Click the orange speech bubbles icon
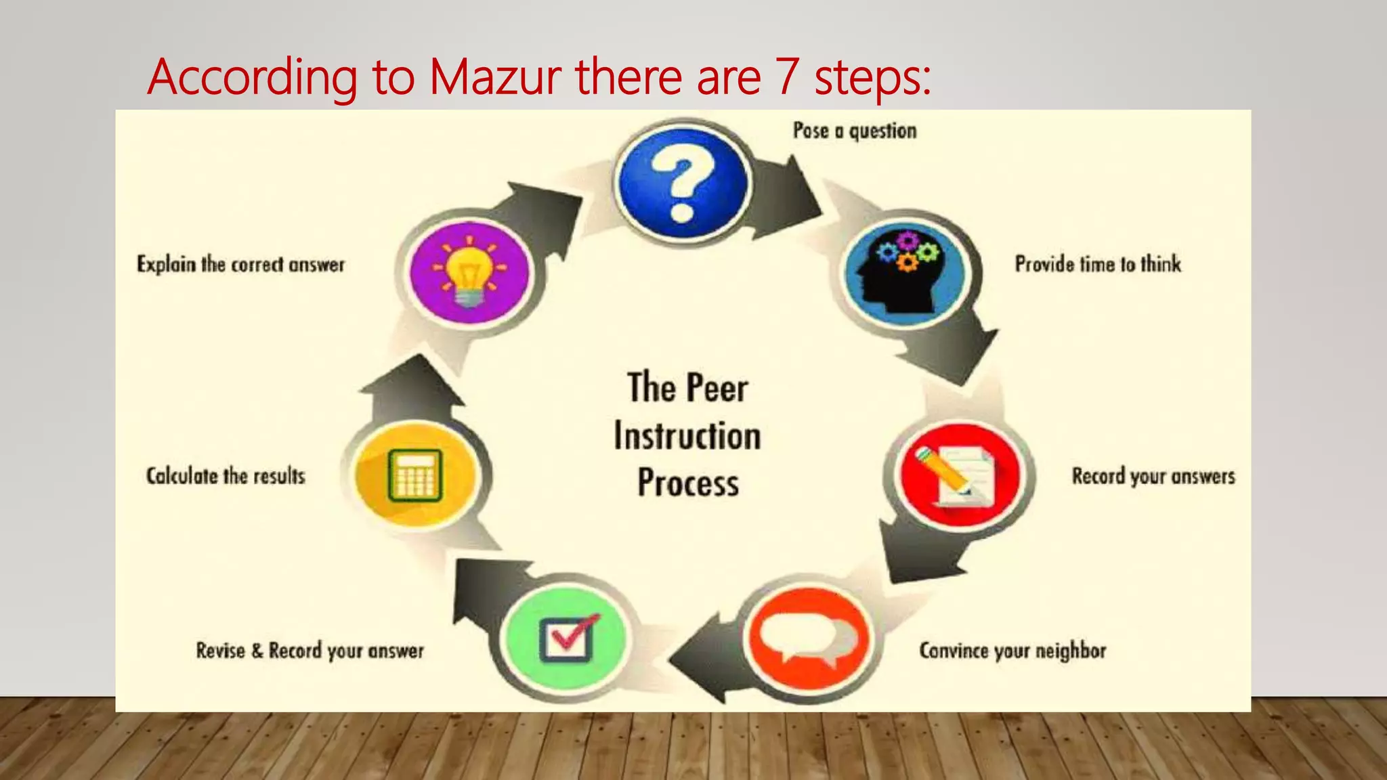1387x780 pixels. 808,638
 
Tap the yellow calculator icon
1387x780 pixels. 414,475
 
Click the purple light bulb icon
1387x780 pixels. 470,272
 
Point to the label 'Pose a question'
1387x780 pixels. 855,131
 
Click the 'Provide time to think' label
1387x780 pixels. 1097,264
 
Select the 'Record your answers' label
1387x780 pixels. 1153,476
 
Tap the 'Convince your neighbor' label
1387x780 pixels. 1012,651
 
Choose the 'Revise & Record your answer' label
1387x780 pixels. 310,651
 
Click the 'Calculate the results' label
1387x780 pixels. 226,476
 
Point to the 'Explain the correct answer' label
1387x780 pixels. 240,264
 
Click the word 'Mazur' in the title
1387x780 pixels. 495,77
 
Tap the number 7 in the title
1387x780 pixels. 787,77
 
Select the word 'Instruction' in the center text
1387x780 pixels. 687,435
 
